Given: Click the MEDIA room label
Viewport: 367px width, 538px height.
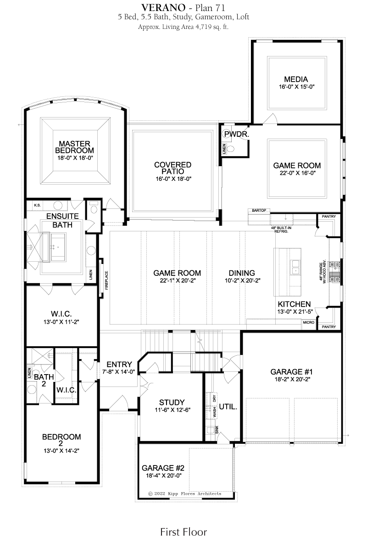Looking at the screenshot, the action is [x=295, y=79].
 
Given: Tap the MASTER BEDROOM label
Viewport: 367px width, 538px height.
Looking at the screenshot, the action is [x=74, y=147].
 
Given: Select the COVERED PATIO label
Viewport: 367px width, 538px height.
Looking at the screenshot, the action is [x=172, y=168].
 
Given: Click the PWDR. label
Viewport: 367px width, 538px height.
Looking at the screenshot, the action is [x=237, y=134].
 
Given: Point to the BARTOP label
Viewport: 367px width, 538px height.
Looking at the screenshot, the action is [x=259, y=210].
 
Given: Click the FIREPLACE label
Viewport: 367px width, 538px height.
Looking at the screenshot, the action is [x=106, y=280].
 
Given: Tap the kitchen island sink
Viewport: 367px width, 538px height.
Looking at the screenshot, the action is [x=295, y=268].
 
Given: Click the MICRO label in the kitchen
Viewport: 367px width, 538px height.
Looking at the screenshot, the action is [x=309, y=323].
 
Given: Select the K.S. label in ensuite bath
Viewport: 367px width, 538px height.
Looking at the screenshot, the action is [x=37, y=205].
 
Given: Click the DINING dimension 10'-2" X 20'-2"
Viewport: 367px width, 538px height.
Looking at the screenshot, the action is [x=242, y=280].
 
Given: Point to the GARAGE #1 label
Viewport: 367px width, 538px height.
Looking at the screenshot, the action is [x=292, y=371].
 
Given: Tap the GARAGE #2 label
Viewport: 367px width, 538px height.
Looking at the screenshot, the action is [x=163, y=468].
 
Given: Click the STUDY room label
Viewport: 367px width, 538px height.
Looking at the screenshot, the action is [x=172, y=402].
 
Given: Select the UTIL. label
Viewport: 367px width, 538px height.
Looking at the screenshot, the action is [x=228, y=407].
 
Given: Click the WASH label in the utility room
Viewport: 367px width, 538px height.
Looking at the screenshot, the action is [x=215, y=412].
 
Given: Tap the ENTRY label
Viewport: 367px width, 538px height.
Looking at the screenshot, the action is [x=119, y=364].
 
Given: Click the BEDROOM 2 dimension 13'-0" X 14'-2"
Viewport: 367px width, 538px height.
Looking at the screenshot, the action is [x=61, y=451].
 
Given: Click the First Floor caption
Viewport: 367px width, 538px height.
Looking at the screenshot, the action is [x=183, y=532].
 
